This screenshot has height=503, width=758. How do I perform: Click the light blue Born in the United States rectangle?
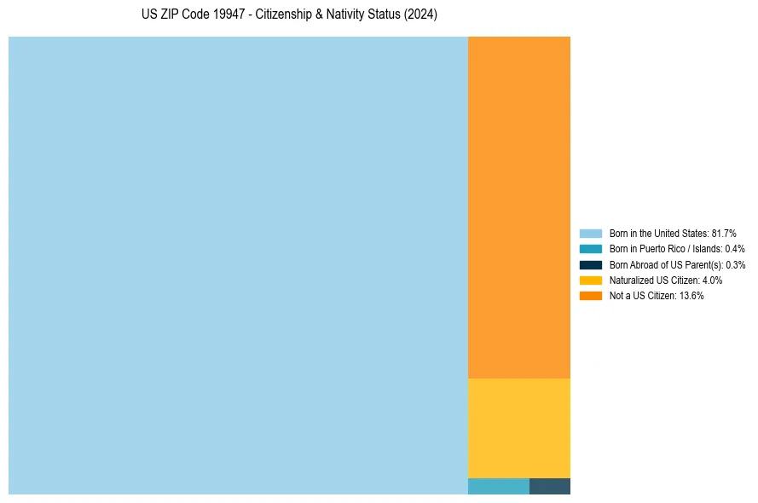tap(238, 265)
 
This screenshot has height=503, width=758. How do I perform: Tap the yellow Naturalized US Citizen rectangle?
tap(518, 428)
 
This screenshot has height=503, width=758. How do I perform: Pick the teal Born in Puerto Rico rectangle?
tap(498, 486)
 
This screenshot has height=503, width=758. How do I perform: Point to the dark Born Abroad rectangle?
tap(550, 486)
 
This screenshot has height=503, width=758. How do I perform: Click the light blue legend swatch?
tap(591, 234)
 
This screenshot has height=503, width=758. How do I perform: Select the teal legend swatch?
tap(591, 249)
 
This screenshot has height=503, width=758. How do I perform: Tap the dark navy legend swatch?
tap(591, 264)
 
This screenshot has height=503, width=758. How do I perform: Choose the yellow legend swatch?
tap(591, 280)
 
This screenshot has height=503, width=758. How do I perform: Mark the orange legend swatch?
tap(591, 295)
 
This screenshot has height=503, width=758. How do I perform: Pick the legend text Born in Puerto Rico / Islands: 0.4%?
tap(677, 249)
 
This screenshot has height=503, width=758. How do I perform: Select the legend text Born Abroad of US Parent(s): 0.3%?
tap(677, 264)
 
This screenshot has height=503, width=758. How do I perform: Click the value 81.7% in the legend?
tap(724, 234)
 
